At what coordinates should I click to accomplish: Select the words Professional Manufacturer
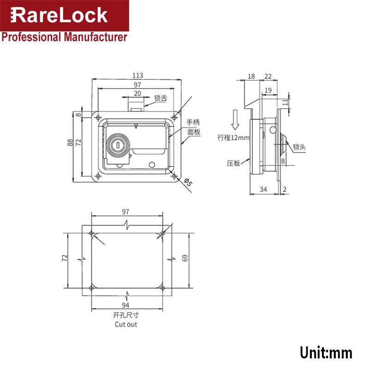click(64, 37)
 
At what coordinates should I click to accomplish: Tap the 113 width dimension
click(137, 75)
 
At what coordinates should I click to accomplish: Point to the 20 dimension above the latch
click(137, 93)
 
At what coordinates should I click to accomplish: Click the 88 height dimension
click(70, 143)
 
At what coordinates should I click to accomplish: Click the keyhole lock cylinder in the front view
click(118, 146)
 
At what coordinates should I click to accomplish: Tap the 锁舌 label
click(161, 98)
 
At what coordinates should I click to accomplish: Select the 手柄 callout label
click(193, 122)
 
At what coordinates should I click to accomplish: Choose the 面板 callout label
click(193, 131)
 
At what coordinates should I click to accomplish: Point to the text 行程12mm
click(233, 137)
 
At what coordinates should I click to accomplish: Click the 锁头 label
click(299, 147)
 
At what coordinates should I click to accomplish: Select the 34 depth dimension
click(263, 189)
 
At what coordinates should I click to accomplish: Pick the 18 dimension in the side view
click(251, 76)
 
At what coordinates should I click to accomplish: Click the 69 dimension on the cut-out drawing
click(185, 258)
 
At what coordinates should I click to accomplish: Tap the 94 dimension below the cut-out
click(126, 305)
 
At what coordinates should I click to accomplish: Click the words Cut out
click(126, 324)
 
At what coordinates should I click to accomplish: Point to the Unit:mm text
click(326, 353)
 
